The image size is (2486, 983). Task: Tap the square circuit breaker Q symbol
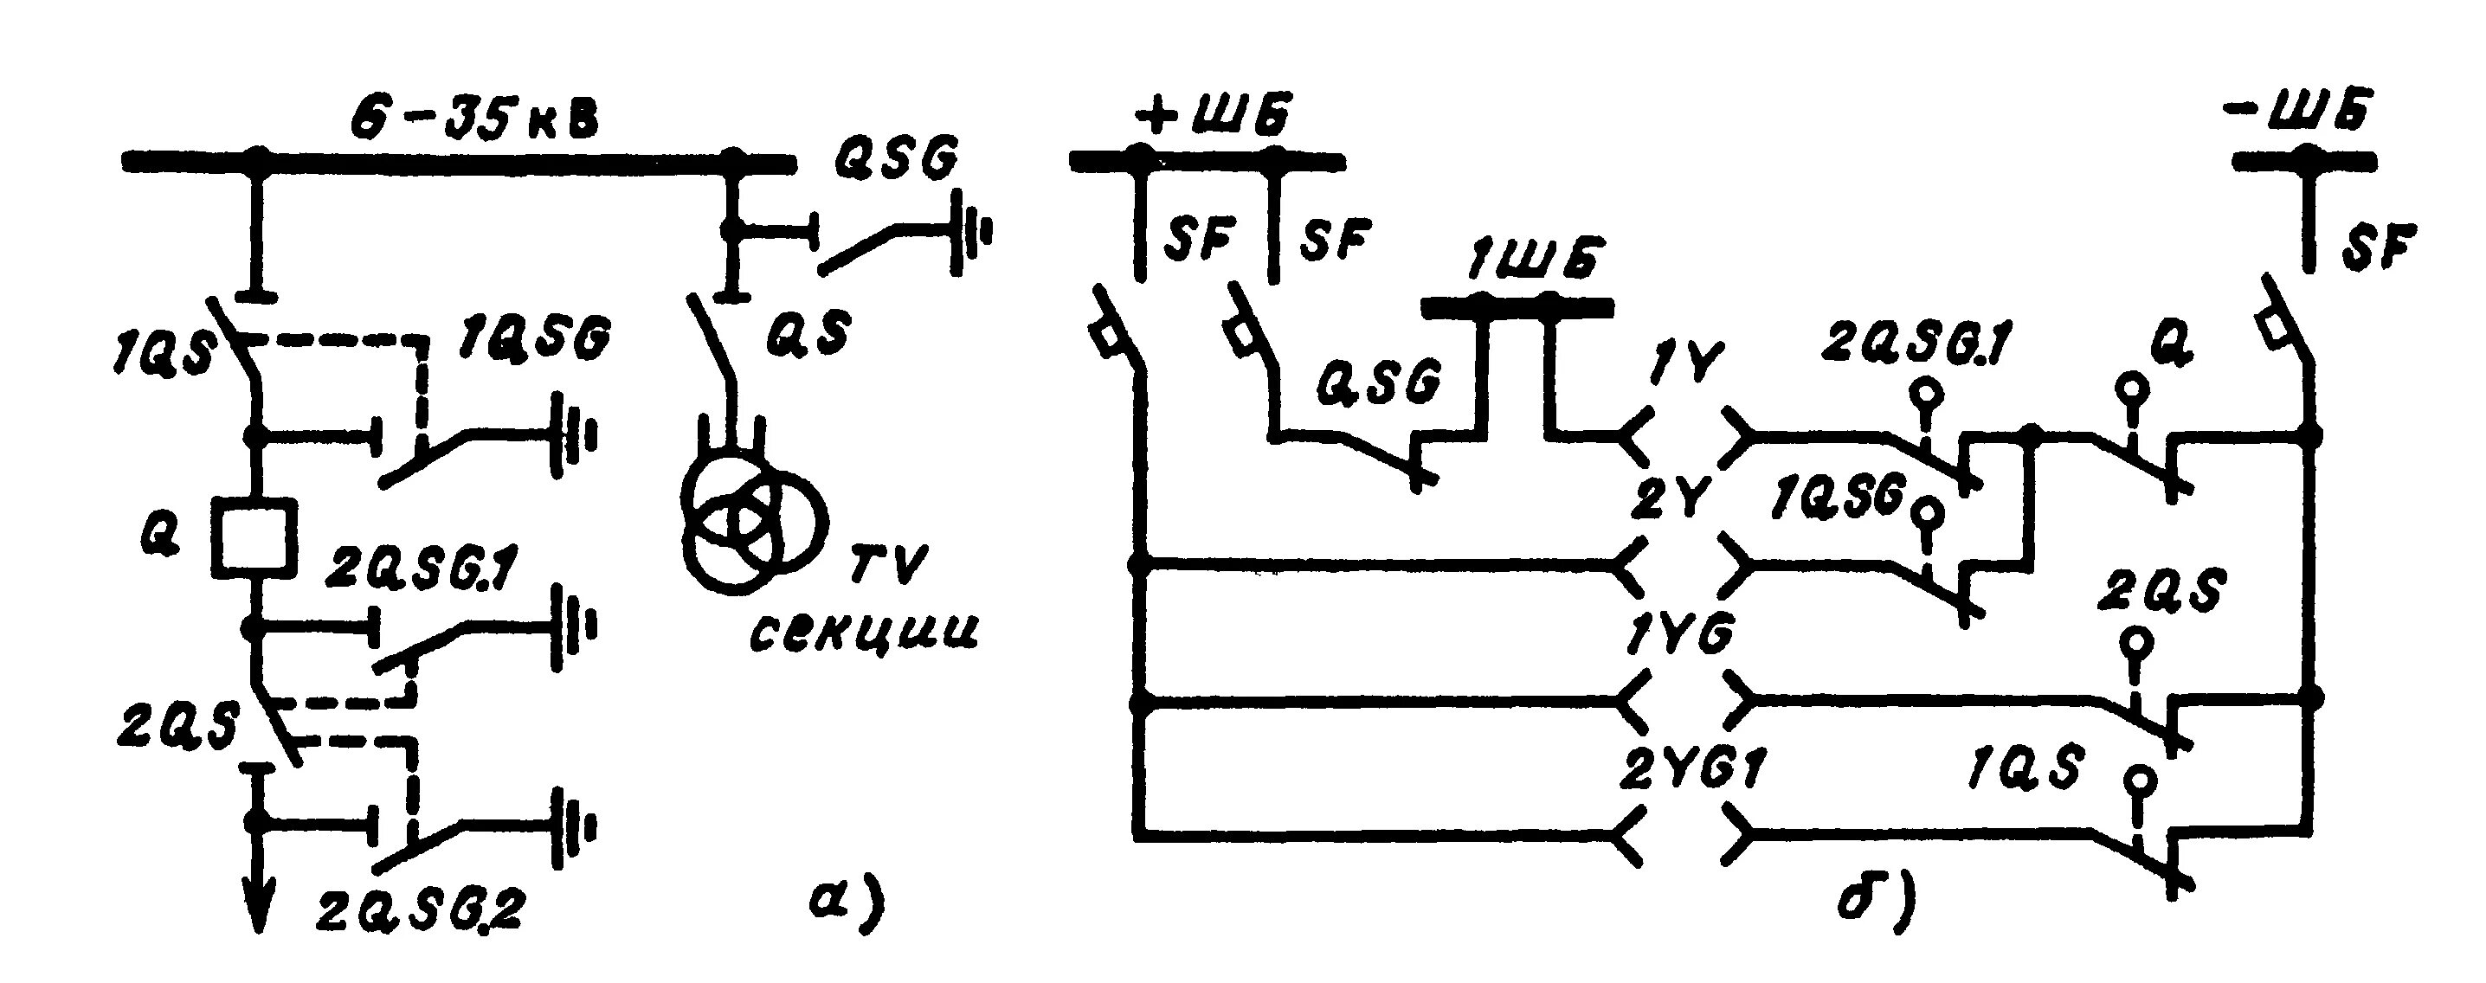coord(253,537)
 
